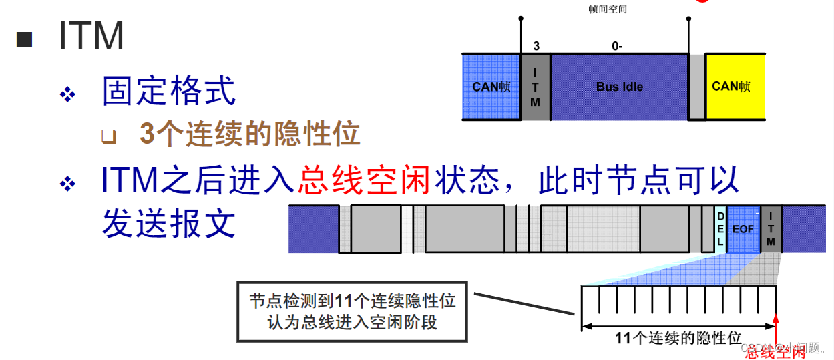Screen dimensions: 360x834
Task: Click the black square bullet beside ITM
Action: tap(25, 39)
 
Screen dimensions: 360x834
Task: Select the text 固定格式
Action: tap(169, 92)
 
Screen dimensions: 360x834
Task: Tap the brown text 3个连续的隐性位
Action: tap(250, 134)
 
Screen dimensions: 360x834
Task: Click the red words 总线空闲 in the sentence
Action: tap(365, 180)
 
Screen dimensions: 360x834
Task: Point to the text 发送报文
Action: tap(169, 223)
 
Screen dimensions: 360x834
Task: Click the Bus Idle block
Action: tap(619, 87)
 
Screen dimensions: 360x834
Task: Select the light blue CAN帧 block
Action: tap(491, 87)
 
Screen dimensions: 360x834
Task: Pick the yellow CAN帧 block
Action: tap(731, 87)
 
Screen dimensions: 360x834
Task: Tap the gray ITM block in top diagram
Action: tap(536, 87)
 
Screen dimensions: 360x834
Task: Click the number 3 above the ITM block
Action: tap(536, 46)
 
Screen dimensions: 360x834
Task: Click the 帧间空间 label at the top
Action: tap(607, 9)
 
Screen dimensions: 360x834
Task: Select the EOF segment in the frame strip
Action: tap(743, 229)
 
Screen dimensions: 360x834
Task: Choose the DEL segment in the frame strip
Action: tap(720, 229)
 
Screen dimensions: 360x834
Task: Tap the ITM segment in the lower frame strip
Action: tap(771, 229)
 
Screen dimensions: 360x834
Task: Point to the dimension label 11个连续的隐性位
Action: tap(678, 338)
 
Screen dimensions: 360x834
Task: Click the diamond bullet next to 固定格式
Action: tap(67, 94)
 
